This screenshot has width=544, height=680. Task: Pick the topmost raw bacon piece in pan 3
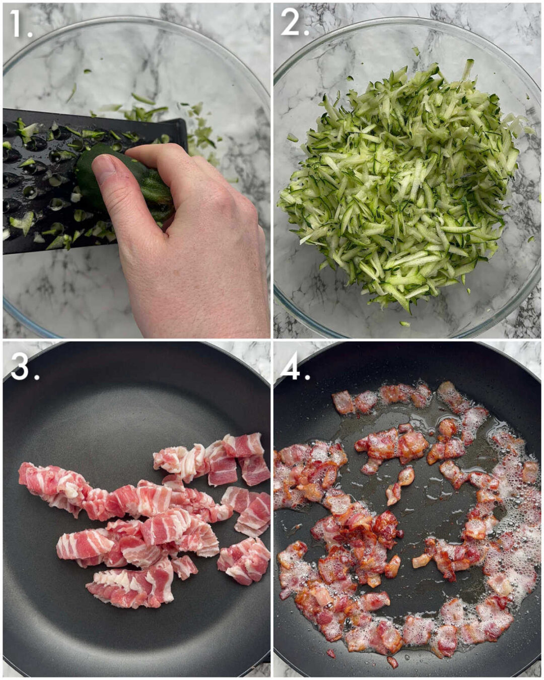[x=244, y=444]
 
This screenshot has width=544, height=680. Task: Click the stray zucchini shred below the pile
[x=404, y=323]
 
